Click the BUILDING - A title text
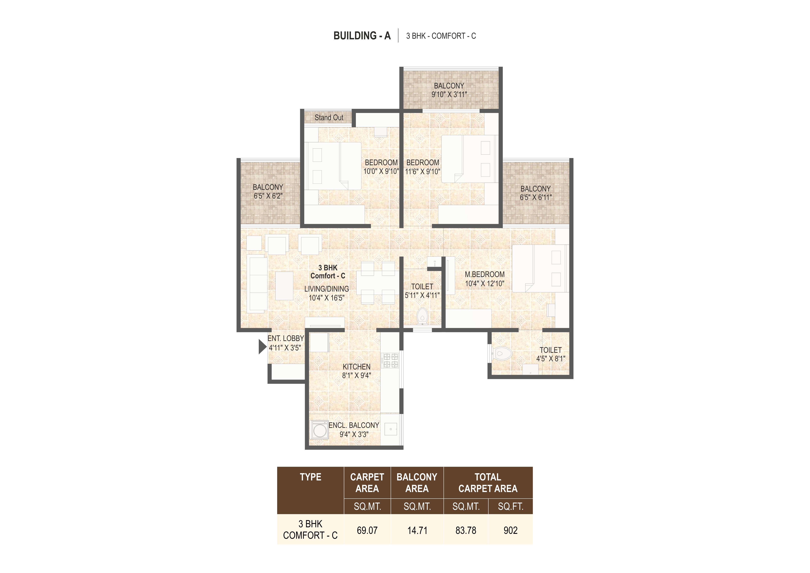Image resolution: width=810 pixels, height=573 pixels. (x=362, y=36)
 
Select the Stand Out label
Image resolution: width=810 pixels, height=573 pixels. (x=329, y=118)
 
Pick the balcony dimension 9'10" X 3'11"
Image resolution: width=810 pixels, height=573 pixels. (x=449, y=95)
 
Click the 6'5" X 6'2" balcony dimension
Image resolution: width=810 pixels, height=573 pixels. (x=268, y=196)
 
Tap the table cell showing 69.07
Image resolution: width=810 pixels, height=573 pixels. (x=367, y=530)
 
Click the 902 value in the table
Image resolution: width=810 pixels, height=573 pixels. (x=510, y=530)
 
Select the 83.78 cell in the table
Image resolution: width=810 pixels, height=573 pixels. (x=466, y=530)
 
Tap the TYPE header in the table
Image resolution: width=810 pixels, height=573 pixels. (x=310, y=477)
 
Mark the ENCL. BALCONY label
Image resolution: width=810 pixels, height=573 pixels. (x=354, y=425)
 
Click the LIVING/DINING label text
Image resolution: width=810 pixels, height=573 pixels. (x=327, y=289)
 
